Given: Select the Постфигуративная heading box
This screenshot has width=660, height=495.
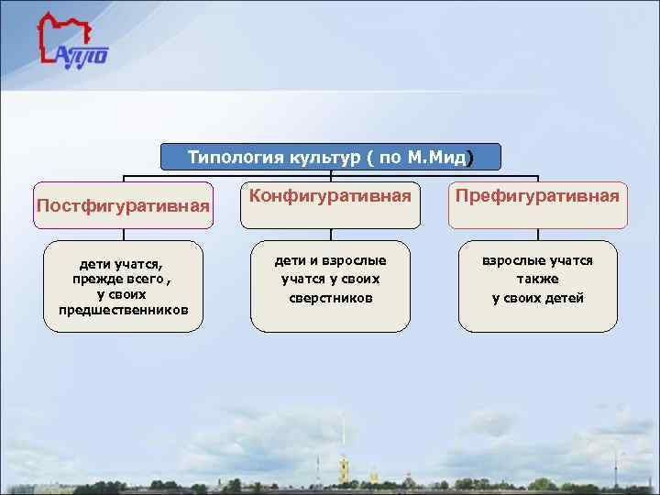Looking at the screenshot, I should (124, 204).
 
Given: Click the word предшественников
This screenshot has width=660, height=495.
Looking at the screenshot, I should (124, 310).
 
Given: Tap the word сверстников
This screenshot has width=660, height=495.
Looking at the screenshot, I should (330, 298).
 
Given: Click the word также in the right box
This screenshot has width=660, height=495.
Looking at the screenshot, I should (537, 280).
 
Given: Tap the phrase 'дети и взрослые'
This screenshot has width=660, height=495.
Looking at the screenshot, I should (330, 261).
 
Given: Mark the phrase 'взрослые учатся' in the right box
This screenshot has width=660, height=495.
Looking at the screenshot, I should (537, 261).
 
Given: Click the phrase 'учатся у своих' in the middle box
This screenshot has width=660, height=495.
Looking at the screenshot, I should (330, 280).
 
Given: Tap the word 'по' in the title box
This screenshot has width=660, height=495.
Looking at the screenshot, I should (389, 157).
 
